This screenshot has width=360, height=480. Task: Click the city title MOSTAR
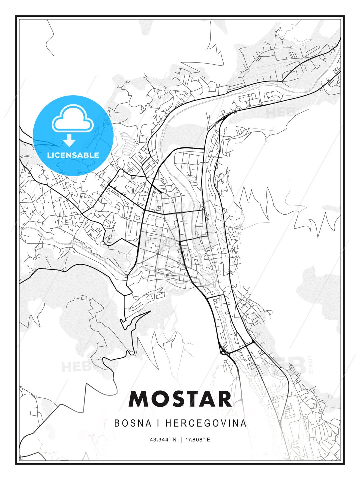click(x=180, y=399)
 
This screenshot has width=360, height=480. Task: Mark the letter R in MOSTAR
click(x=225, y=399)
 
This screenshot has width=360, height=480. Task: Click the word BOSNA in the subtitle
click(x=133, y=423)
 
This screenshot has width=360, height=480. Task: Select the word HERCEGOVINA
click(x=206, y=423)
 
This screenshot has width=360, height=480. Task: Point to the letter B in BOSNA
click(x=117, y=423)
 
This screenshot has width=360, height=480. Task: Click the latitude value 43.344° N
click(x=163, y=440)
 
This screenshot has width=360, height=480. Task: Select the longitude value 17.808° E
click(x=198, y=440)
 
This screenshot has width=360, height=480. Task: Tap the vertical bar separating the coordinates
click(x=181, y=440)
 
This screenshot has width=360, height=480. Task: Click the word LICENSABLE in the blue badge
click(x=73, y=155)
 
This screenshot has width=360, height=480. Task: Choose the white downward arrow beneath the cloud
click(x=70, y=141)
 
